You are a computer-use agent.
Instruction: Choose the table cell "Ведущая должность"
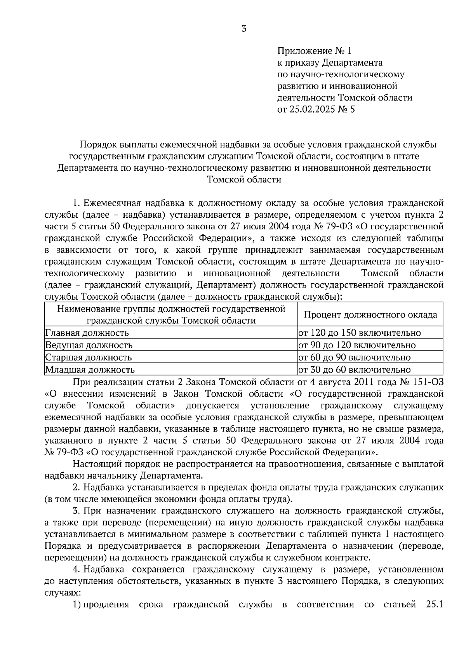click(x=89, y=345)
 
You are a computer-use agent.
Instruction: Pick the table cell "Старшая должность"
click(x=89, y=357)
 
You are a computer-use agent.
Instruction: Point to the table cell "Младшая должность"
click(x=90, y=370)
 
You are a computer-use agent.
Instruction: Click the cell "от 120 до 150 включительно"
click(x=359, y=333)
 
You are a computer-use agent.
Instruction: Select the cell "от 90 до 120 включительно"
click(x=356, y=345)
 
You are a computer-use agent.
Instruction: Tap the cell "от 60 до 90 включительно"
click(x=354, y=357)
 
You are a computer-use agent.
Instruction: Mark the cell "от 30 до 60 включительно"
click(x=354, y=370)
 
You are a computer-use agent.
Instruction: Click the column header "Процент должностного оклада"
click(x=370, y=315)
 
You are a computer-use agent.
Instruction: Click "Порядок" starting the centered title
click(x=97, y=145)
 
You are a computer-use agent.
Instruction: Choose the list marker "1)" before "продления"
click(x=77, y=605)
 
